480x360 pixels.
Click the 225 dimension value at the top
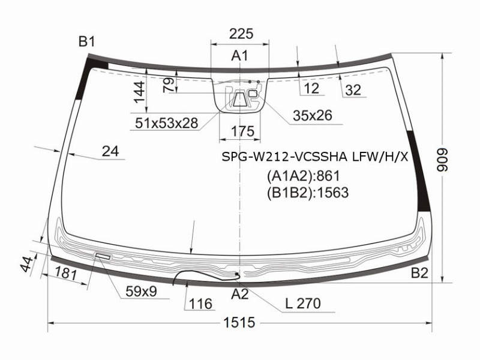coord(241,34)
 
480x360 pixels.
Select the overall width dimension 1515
coord(239,323)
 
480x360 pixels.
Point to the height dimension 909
coord(442,160)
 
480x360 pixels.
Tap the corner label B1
coord(87,41)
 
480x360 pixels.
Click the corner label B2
coord(419,273)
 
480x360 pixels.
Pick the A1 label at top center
coord(239,56)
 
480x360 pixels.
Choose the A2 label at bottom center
coord(239,294)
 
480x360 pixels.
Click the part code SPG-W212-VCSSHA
coord(284,157)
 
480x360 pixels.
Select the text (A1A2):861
coord(304,176)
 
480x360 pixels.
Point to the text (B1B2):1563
coord(308,193)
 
